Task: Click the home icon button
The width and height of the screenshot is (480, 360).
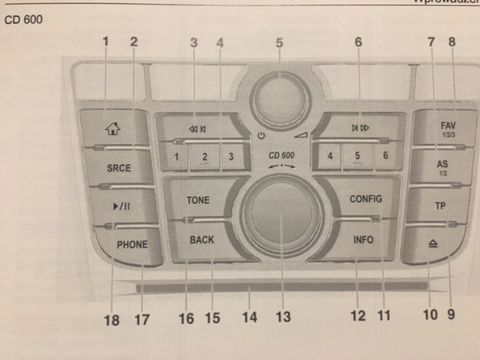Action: point(113,127)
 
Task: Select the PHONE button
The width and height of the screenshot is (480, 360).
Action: point(132,244)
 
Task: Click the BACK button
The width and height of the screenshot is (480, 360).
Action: point(202,240)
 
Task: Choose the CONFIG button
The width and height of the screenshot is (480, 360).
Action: point(366,199)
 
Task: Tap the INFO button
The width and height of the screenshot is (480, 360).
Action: point(364,241)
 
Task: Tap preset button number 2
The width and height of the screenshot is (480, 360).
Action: point(203,157)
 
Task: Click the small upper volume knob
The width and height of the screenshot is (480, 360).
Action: point(278,97)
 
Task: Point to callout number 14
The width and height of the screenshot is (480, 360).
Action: point(250,317)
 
